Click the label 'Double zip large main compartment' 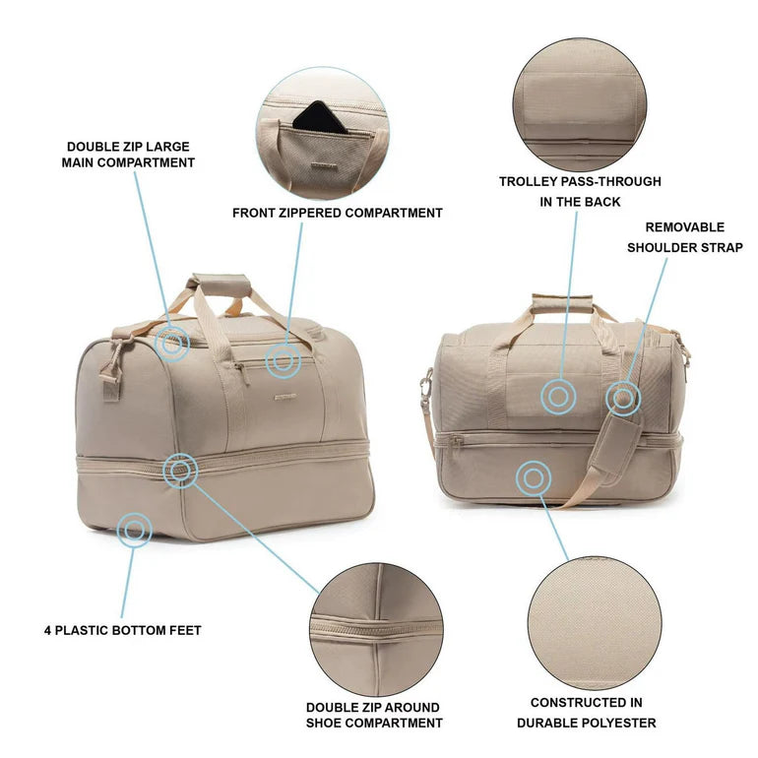pos(129,155)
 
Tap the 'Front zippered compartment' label pos(337,213)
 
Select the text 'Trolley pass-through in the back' pos(579,191)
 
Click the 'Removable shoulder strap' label pos(685,237)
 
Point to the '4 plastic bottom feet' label pos(123,630)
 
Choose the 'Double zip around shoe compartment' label pos(373,715)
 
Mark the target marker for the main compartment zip pos(173,343)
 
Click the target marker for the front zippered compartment pos(284,361)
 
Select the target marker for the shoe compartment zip pos(180,471)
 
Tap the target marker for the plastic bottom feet pos(134,530)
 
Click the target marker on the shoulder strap pos(623,398)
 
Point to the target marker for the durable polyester pos(533,478)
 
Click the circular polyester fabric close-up pos(594,622)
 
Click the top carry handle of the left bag pos(219,284)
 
